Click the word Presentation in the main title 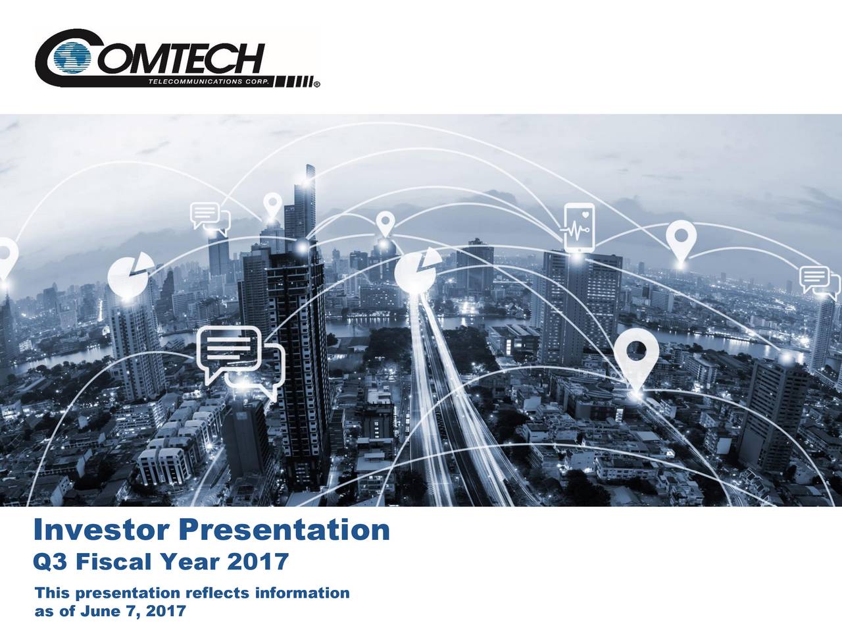tap(284, 529)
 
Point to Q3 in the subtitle tap(50, 562)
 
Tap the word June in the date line tap(95, 612)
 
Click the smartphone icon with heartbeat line tap(579, 228)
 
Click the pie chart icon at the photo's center tap(416, 269)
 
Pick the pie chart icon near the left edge tap(130, 273)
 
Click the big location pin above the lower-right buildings tap(637, 355)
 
